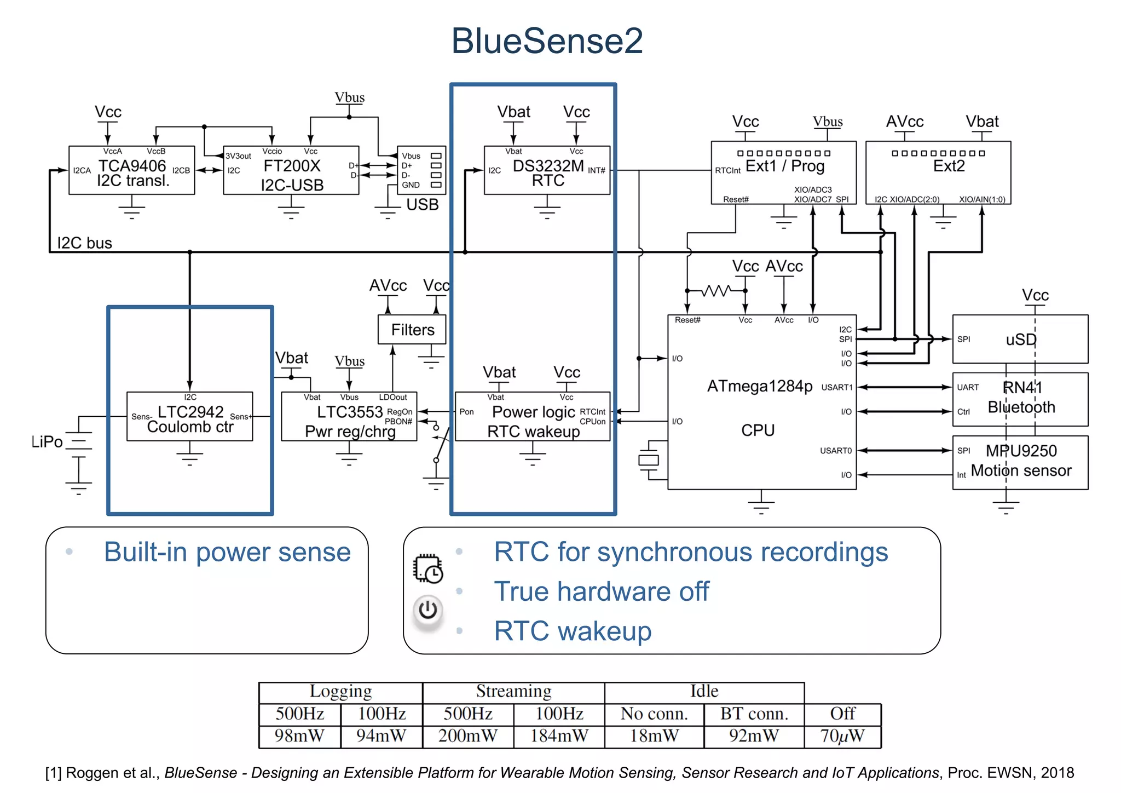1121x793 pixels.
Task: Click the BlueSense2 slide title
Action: [547, 41]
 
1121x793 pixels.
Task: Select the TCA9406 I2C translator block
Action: [131, 170]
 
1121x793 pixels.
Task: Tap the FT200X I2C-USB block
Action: [291, 170]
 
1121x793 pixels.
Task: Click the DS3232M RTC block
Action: [547, 170]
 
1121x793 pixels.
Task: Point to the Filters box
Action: [412, 330]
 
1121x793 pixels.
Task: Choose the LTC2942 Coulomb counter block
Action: [189, 417]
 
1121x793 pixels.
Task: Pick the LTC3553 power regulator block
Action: [349, 417]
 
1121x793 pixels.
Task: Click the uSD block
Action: [1020, 340]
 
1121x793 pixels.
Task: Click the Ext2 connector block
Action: [938, 173]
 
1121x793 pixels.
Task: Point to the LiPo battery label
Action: [47, 442]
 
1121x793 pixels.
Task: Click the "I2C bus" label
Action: [84, 243]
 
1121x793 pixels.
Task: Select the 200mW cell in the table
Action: [468, 736]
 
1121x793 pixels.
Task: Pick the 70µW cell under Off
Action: [842, 736]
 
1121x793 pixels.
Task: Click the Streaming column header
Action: [513, 692]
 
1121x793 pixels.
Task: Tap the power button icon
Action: [427, 610]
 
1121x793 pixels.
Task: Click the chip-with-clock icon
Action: [428, 569]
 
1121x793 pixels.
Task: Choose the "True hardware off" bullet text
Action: [601, 592]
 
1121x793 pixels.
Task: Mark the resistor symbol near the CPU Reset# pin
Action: [716, 291]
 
